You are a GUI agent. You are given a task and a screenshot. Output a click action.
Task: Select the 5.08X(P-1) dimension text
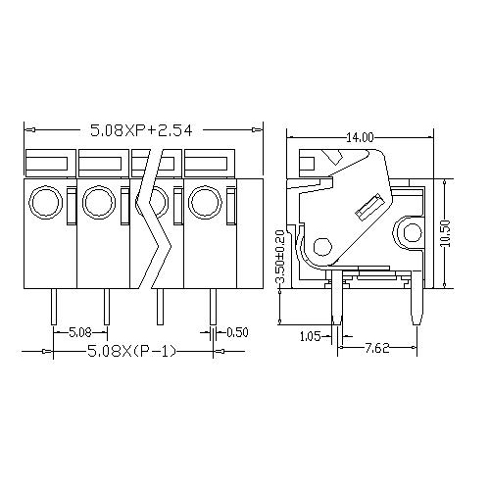[131, 351]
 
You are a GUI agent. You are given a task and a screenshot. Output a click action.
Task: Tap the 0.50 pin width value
[236, 332]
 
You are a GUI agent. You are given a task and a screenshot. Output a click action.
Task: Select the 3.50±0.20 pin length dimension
[281, 259]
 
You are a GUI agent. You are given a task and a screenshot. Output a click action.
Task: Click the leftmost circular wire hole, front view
[44, 203]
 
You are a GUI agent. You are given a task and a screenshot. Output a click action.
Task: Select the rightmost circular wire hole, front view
[204, 203]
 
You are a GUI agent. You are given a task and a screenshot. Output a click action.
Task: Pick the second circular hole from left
[97, 203]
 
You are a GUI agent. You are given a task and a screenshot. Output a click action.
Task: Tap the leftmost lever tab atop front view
[48, 164]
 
